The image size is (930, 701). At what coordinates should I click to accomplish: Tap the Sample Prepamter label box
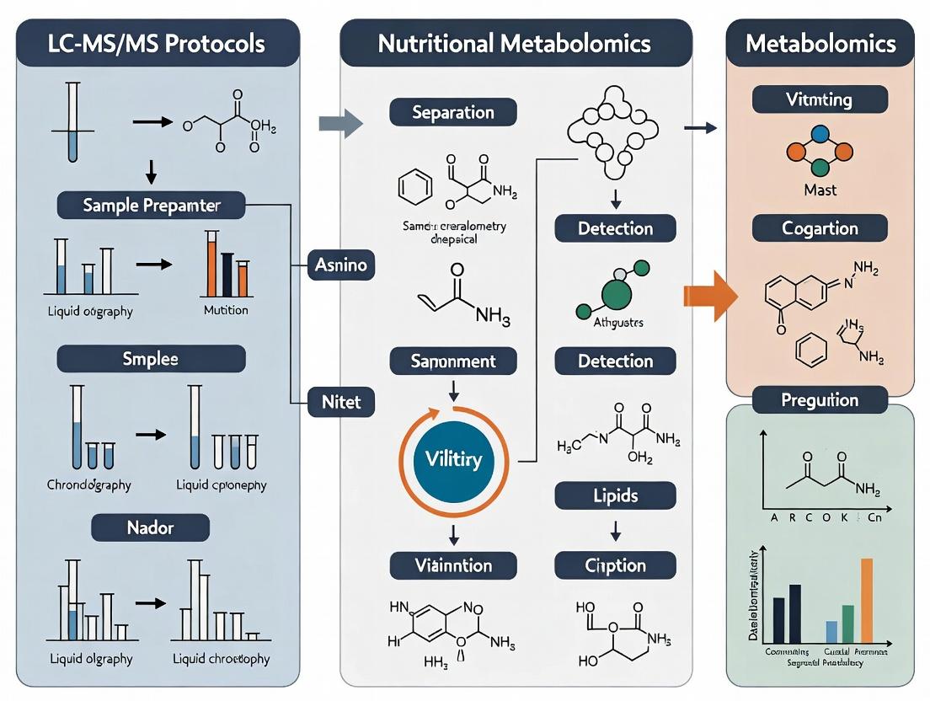pyautogui.click(x=151, y=205)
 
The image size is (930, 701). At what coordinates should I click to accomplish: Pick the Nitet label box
pyautogui.click(x=341, y=402)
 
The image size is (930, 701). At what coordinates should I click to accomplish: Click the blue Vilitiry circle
pyautogui.click(x=454, y=459)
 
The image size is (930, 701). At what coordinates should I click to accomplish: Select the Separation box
pyautogui.click(x=453, y=112)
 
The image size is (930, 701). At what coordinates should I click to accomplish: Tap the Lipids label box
pyautogui.click(x=615, y=495)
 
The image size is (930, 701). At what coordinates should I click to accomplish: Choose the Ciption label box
pyautogui.click(x=615, y=565)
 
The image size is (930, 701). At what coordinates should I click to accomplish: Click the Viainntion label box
pyautogui.click(x=453, y=565)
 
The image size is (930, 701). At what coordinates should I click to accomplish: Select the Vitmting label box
pyautogui.click(x=820, y=99)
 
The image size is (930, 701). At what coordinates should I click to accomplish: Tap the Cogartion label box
pyautogui.click(x=820, y=228)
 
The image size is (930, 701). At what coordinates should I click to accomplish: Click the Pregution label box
pyautogui.click(x=820, y=399)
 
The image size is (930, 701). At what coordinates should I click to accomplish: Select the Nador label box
pyautogui.click(x=151, y=528)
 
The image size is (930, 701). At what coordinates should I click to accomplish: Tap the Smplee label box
pyautogui.click(x=151, y=358)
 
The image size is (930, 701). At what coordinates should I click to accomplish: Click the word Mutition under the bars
pyautogui.click(x=226, y=310)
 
